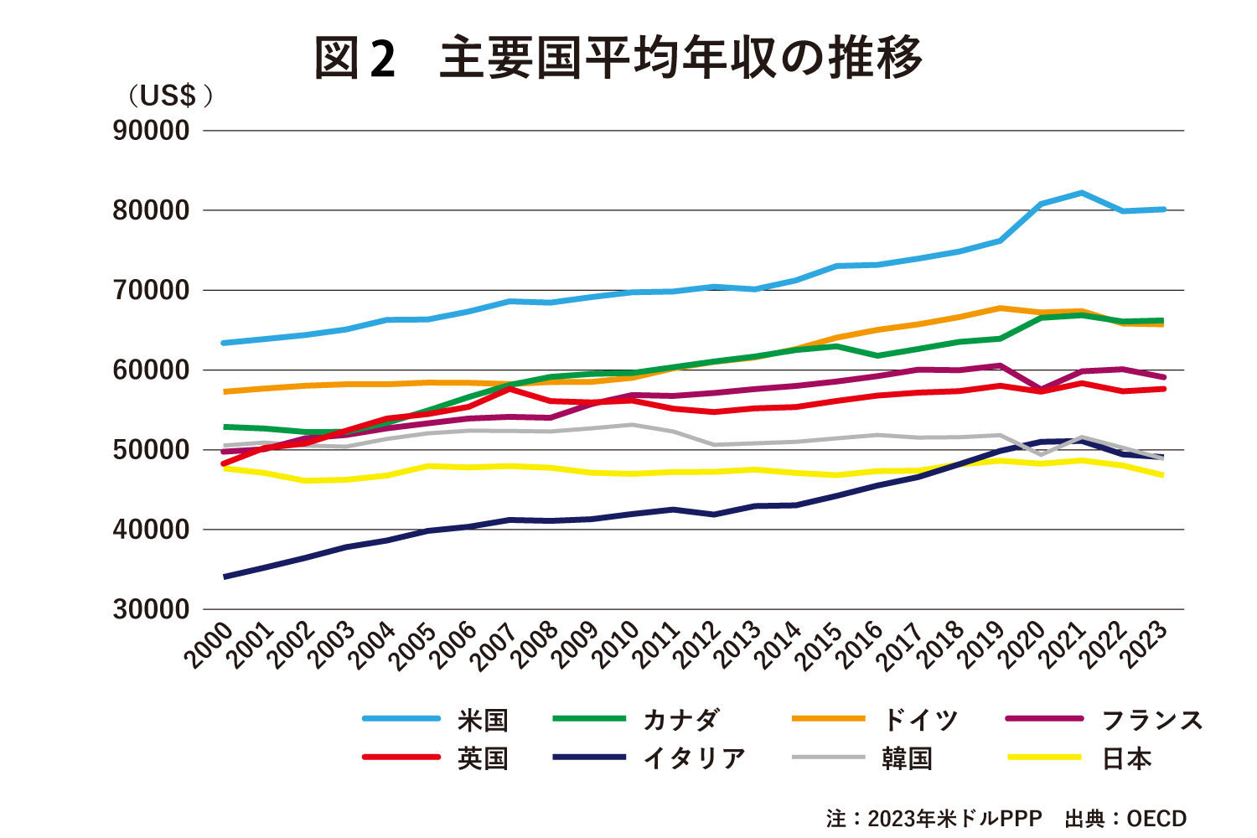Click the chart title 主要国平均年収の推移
coord(680,58)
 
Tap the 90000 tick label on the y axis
coord(152,131)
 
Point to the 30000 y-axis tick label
coord(152,609)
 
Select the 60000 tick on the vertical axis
coord(152,370)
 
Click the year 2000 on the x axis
coord(209,645)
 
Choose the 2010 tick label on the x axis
coord(616,645)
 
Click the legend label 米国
coord(483,720)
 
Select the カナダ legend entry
coord(680,720)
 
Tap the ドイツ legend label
coord(919,720)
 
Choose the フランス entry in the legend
coord(1151,720)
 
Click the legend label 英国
coord(483,758)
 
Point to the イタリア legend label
coord(694,758)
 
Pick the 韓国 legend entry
coord(907,758)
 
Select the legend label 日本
coord(1126,758)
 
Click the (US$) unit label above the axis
coord(170,96)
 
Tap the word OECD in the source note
coord(1156,819)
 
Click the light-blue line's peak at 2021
coord(1082,193)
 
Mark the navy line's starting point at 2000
coord(225,577)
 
